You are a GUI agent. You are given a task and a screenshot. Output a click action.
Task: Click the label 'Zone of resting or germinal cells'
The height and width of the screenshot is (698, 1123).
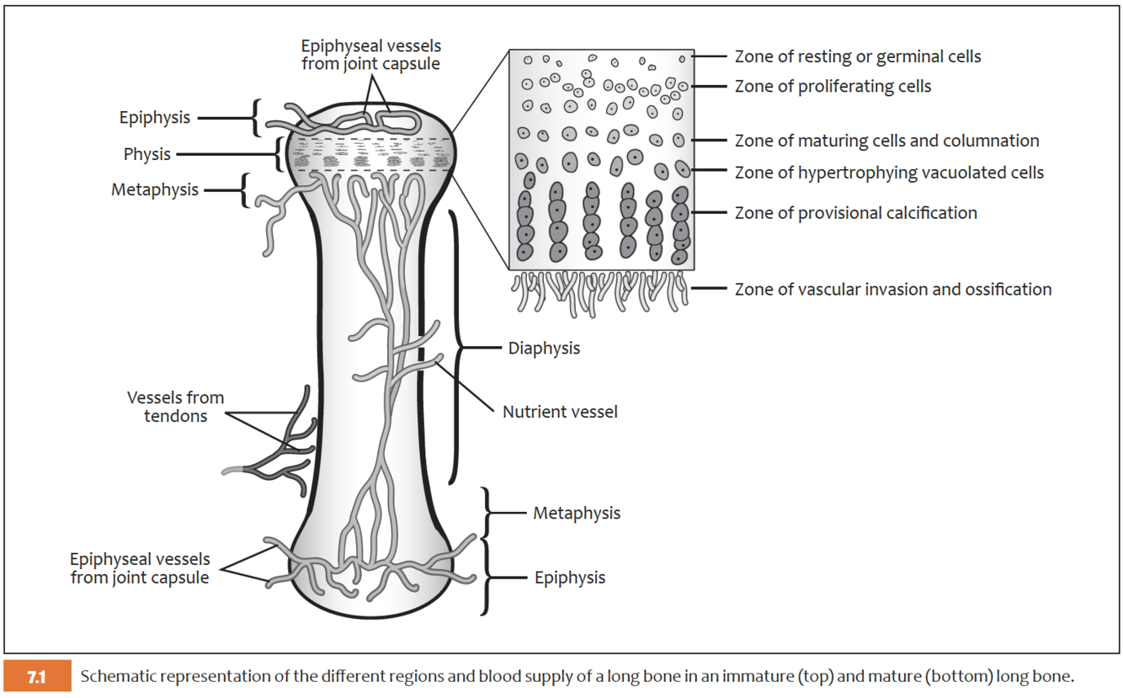pyautogui.click(x=857, y=57)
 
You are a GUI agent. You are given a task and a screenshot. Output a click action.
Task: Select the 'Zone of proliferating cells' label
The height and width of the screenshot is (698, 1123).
pyautogui.click(x=833, y=87)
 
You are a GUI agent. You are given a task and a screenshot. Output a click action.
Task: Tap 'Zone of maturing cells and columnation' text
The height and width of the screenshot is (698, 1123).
pyautogui.click(x=886, y=141)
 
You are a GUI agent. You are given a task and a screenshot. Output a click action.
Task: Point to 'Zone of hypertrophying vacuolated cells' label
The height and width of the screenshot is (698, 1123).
pyautogui.click(x=889, y=173)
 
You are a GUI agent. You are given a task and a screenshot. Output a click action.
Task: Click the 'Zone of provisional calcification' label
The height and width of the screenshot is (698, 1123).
pyautogui.click(x=855, y=213)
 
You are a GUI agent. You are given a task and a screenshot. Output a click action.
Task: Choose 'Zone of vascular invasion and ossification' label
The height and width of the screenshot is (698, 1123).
pyautogui.click(x=892, y=290)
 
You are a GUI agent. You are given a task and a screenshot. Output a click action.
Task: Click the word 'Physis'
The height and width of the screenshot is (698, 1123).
pyautogui.click(x=147, y=154)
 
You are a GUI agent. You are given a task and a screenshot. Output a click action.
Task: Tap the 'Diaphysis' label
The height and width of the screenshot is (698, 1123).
pyautogui.click(x=544, y=348)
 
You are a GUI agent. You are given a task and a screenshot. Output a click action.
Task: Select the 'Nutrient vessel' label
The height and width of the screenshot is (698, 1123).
pyautogui.click(x=560, y=412)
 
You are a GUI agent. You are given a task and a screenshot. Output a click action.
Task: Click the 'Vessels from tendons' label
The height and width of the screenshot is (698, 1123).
pyautogui.click(x=176, y=406)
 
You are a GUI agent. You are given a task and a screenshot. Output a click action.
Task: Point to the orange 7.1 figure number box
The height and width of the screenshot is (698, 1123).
pyautogui.click(x=36, y=677)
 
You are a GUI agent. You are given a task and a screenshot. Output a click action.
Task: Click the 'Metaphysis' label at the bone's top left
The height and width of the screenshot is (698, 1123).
pyautogui.click(x=155, y=189)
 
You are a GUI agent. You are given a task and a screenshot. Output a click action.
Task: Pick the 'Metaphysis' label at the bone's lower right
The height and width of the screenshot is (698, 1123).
pyautogui.click(x=577, y=513)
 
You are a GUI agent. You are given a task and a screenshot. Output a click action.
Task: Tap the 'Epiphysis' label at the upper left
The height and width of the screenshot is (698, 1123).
pyautogui.click(x=155, y=118)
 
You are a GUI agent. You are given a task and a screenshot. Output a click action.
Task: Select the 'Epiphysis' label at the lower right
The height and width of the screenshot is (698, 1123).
pyautogui.click(x=570, y=578)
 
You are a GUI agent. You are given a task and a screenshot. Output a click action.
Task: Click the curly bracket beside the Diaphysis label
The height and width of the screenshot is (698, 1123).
pyautogui.click(x=458, y=347)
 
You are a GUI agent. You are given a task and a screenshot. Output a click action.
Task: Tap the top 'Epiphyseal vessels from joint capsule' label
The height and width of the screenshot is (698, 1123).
pyautogui.click(x=370, y=55)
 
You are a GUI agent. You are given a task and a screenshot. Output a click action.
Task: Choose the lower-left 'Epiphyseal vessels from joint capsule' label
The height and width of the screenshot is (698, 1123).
pyautogui.click(x=140, y=568)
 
